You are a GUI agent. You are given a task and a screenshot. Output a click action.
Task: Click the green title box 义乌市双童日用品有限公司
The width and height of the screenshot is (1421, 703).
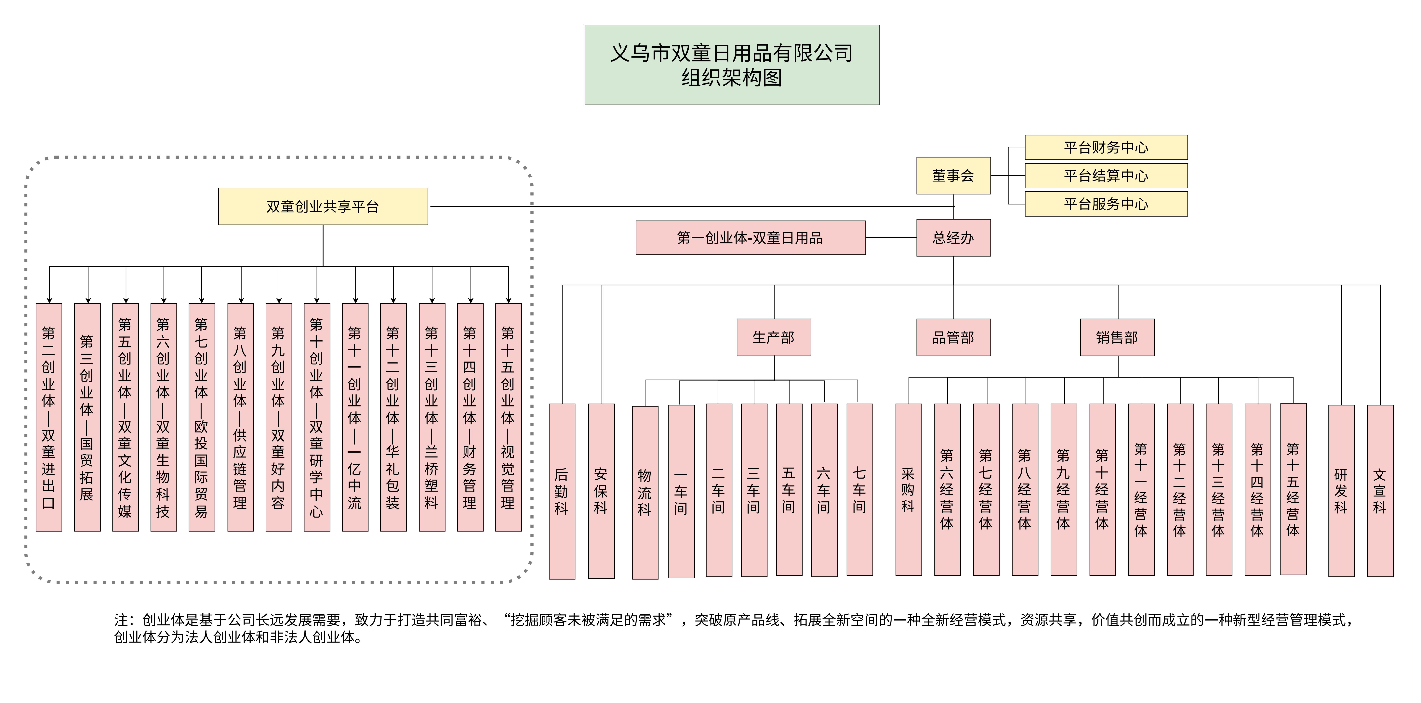[731, 65]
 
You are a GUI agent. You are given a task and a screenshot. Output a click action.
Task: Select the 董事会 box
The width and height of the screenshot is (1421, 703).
[953, 175]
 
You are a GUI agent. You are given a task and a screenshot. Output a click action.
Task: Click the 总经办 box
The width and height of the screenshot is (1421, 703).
[953, 238]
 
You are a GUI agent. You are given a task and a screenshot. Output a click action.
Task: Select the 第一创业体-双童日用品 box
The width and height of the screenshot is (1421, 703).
[750, 238]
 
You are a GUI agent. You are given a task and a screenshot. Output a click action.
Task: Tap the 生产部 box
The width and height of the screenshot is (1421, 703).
[773, 337]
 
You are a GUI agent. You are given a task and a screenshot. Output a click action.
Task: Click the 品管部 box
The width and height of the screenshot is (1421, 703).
[953, 337]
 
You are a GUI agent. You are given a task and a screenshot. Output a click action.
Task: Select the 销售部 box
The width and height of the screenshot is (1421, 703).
[1117, 337]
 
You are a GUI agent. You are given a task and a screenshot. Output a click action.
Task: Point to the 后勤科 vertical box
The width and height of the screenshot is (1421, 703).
[562, 491]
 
